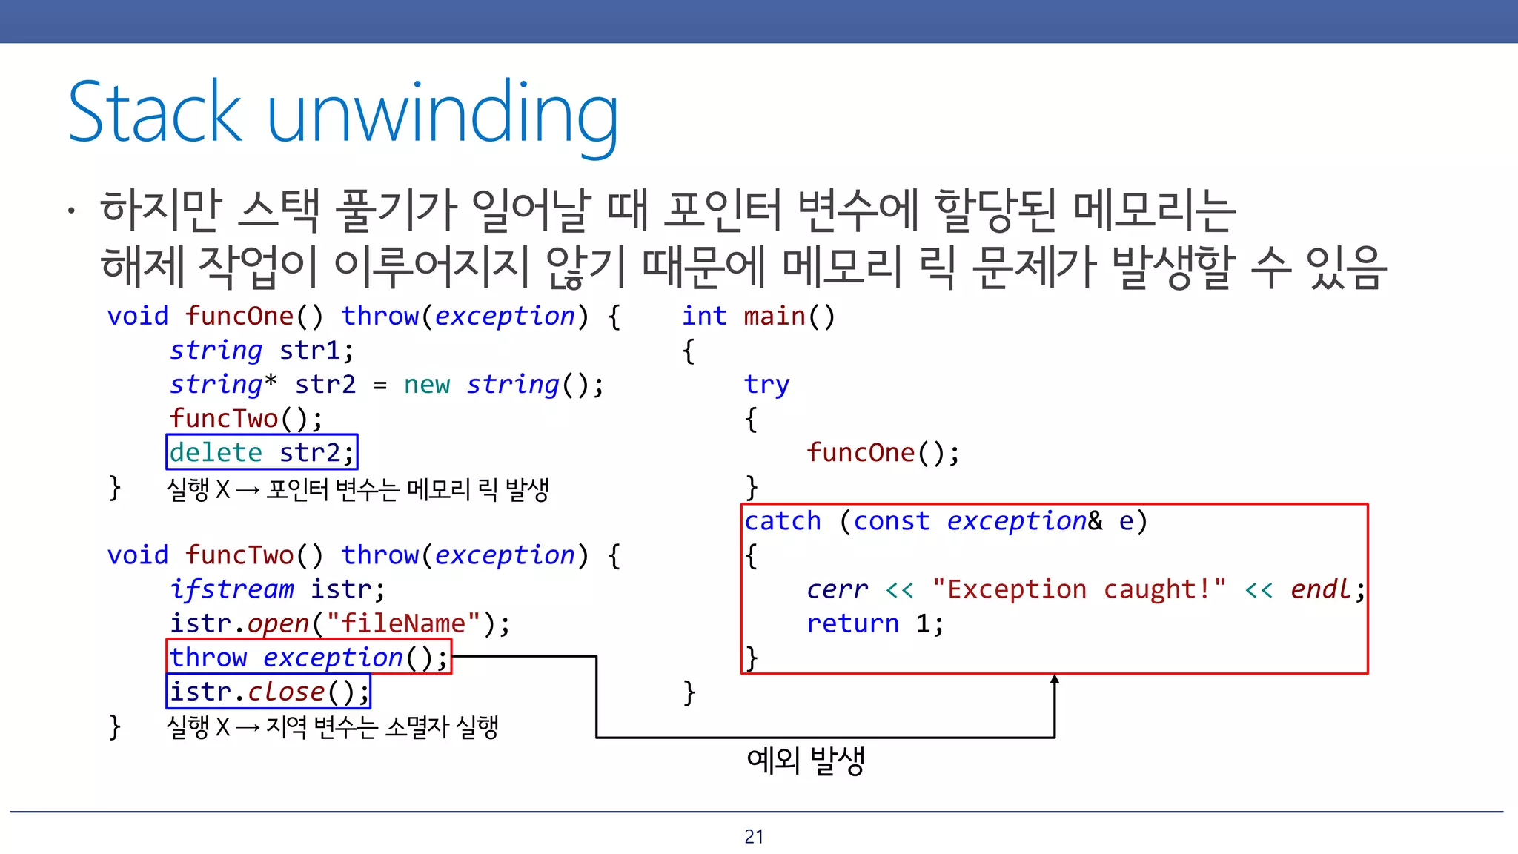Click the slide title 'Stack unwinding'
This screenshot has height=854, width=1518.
[x=342, y=113]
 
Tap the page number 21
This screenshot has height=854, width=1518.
[x=754, y=836]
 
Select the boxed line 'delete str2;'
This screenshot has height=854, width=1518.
[x=262, y=452]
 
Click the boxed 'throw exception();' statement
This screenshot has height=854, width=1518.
[x=308, y=657]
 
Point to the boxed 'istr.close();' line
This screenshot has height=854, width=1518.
[x=268, y=691]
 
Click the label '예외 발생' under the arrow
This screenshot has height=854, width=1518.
[x=806, y=760]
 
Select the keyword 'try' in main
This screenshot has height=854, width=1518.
[x=766, y=385]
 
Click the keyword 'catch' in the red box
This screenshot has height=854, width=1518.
[x=783, y=521]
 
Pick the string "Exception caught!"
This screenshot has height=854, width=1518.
[x=1078, y=589]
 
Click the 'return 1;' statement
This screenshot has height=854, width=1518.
[x=875, y=623]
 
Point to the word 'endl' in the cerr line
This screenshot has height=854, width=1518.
[x=1321, y=589]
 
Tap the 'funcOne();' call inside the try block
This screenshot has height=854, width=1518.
[x=882, y=452]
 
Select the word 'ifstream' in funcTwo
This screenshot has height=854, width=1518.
[x=231, y=589]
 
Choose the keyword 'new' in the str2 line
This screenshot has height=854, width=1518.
[x=427, y=385]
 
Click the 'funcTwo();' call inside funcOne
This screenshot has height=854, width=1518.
[x=246, y=419]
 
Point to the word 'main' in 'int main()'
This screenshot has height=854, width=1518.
[x=774, y=317]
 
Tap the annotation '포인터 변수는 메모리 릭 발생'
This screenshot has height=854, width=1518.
[x=407, y=489]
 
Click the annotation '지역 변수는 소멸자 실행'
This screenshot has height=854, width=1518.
[x=382, y=727]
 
